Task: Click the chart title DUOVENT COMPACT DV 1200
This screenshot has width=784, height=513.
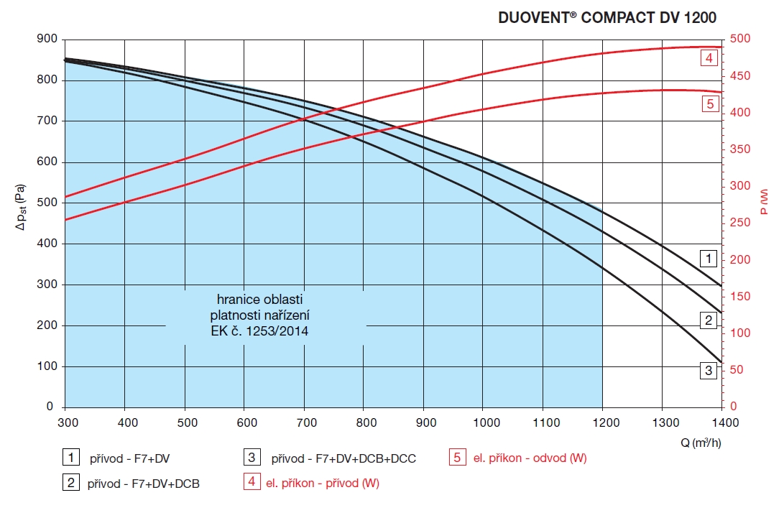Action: pos(607,18)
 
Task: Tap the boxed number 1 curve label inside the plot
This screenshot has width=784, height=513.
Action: pos(709,257)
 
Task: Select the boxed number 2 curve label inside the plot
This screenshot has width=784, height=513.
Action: pos(709,320)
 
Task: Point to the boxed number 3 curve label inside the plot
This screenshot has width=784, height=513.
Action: pos(709,371)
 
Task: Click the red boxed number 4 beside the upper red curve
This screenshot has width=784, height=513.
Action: pos(709,57)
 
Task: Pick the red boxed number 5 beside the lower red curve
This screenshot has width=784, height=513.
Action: pos(709,103)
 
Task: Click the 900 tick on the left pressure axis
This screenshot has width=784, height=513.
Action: pos(46,39)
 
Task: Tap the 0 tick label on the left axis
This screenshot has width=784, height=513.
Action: pos(50,407)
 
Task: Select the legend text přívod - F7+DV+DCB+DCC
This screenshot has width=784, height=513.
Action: pos(343,458)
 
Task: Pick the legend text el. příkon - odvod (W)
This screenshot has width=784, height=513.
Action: pos(530,458)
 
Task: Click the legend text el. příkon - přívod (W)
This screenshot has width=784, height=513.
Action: pos(321,483)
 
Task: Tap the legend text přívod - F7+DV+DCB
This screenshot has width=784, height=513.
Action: pos(144,484)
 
